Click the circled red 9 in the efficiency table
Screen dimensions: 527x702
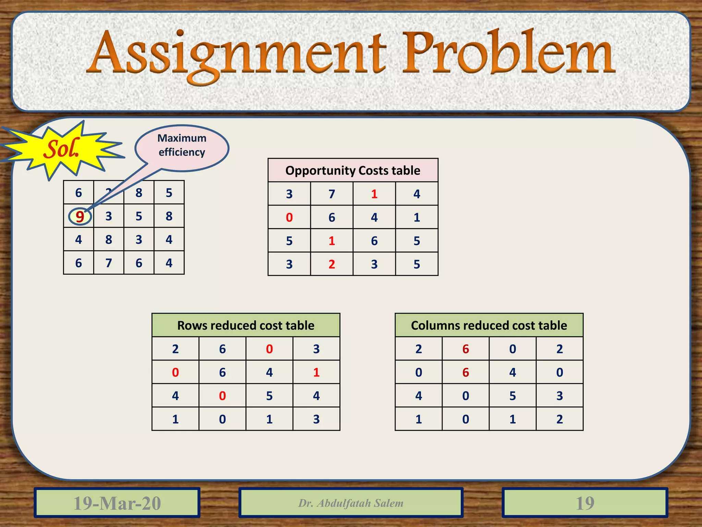[x=80, y=216]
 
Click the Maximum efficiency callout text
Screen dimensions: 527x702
[x=182, y=145]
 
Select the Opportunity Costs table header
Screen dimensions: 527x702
[x=353, y=171]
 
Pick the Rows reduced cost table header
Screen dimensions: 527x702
[x=246, y=325]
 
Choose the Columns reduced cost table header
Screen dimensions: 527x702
[x=489, y=325]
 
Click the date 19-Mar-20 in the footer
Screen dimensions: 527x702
[x=117, y=503]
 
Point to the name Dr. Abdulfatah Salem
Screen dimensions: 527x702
[x=351, y=503]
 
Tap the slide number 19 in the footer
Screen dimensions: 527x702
[x=585, y=503]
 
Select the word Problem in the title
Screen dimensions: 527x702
[x=507, y=53]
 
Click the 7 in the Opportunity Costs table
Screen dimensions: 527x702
[x=332, y=194]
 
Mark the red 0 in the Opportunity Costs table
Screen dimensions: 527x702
[x=289, y=218]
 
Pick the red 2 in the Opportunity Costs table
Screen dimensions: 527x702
[x=332, y=264]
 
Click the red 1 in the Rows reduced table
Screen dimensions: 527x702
[x=316, y=372]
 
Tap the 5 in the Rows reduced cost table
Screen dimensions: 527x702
[x=269, y=396]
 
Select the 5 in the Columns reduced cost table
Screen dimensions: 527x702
[x=512, y=396]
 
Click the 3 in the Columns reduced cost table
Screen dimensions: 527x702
[x=559, y=396]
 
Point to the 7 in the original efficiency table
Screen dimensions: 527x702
[x=109, y=263]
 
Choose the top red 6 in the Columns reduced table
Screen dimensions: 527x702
[x=465, y=349]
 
